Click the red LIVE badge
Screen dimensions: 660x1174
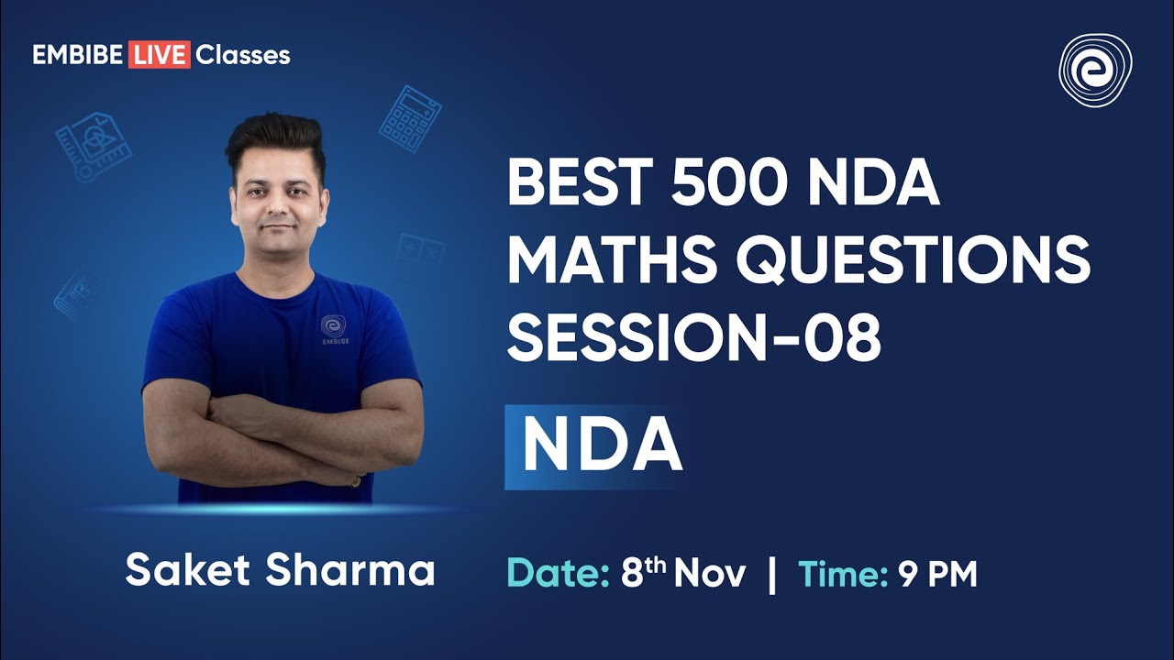(159, 55)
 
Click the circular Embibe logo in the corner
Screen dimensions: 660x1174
(1095, 71)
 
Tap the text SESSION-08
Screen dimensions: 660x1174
(694, 336)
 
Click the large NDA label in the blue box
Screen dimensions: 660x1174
(601, 445)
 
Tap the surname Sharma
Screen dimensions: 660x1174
(350, 570)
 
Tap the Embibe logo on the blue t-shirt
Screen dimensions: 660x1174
(333, 329)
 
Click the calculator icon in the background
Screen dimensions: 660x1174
(410, 118)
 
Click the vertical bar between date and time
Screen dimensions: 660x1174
(772, 575)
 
